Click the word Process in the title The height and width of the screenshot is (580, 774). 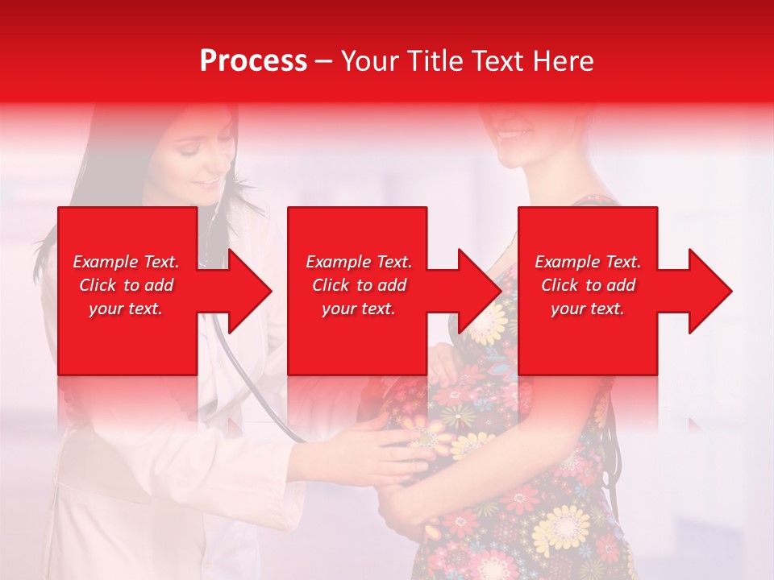[253, 61]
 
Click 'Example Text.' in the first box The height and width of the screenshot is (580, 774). [126, 262]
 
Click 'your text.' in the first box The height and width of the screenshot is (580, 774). [126, 309]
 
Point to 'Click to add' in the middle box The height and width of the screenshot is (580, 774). [359, 285]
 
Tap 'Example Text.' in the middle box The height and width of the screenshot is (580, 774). [359, 262]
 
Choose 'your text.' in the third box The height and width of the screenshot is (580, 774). [588, 309]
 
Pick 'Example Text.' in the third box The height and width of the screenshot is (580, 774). [588, 262]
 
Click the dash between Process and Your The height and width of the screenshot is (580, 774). [323, 62]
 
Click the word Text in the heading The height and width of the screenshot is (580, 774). [497, 61]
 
